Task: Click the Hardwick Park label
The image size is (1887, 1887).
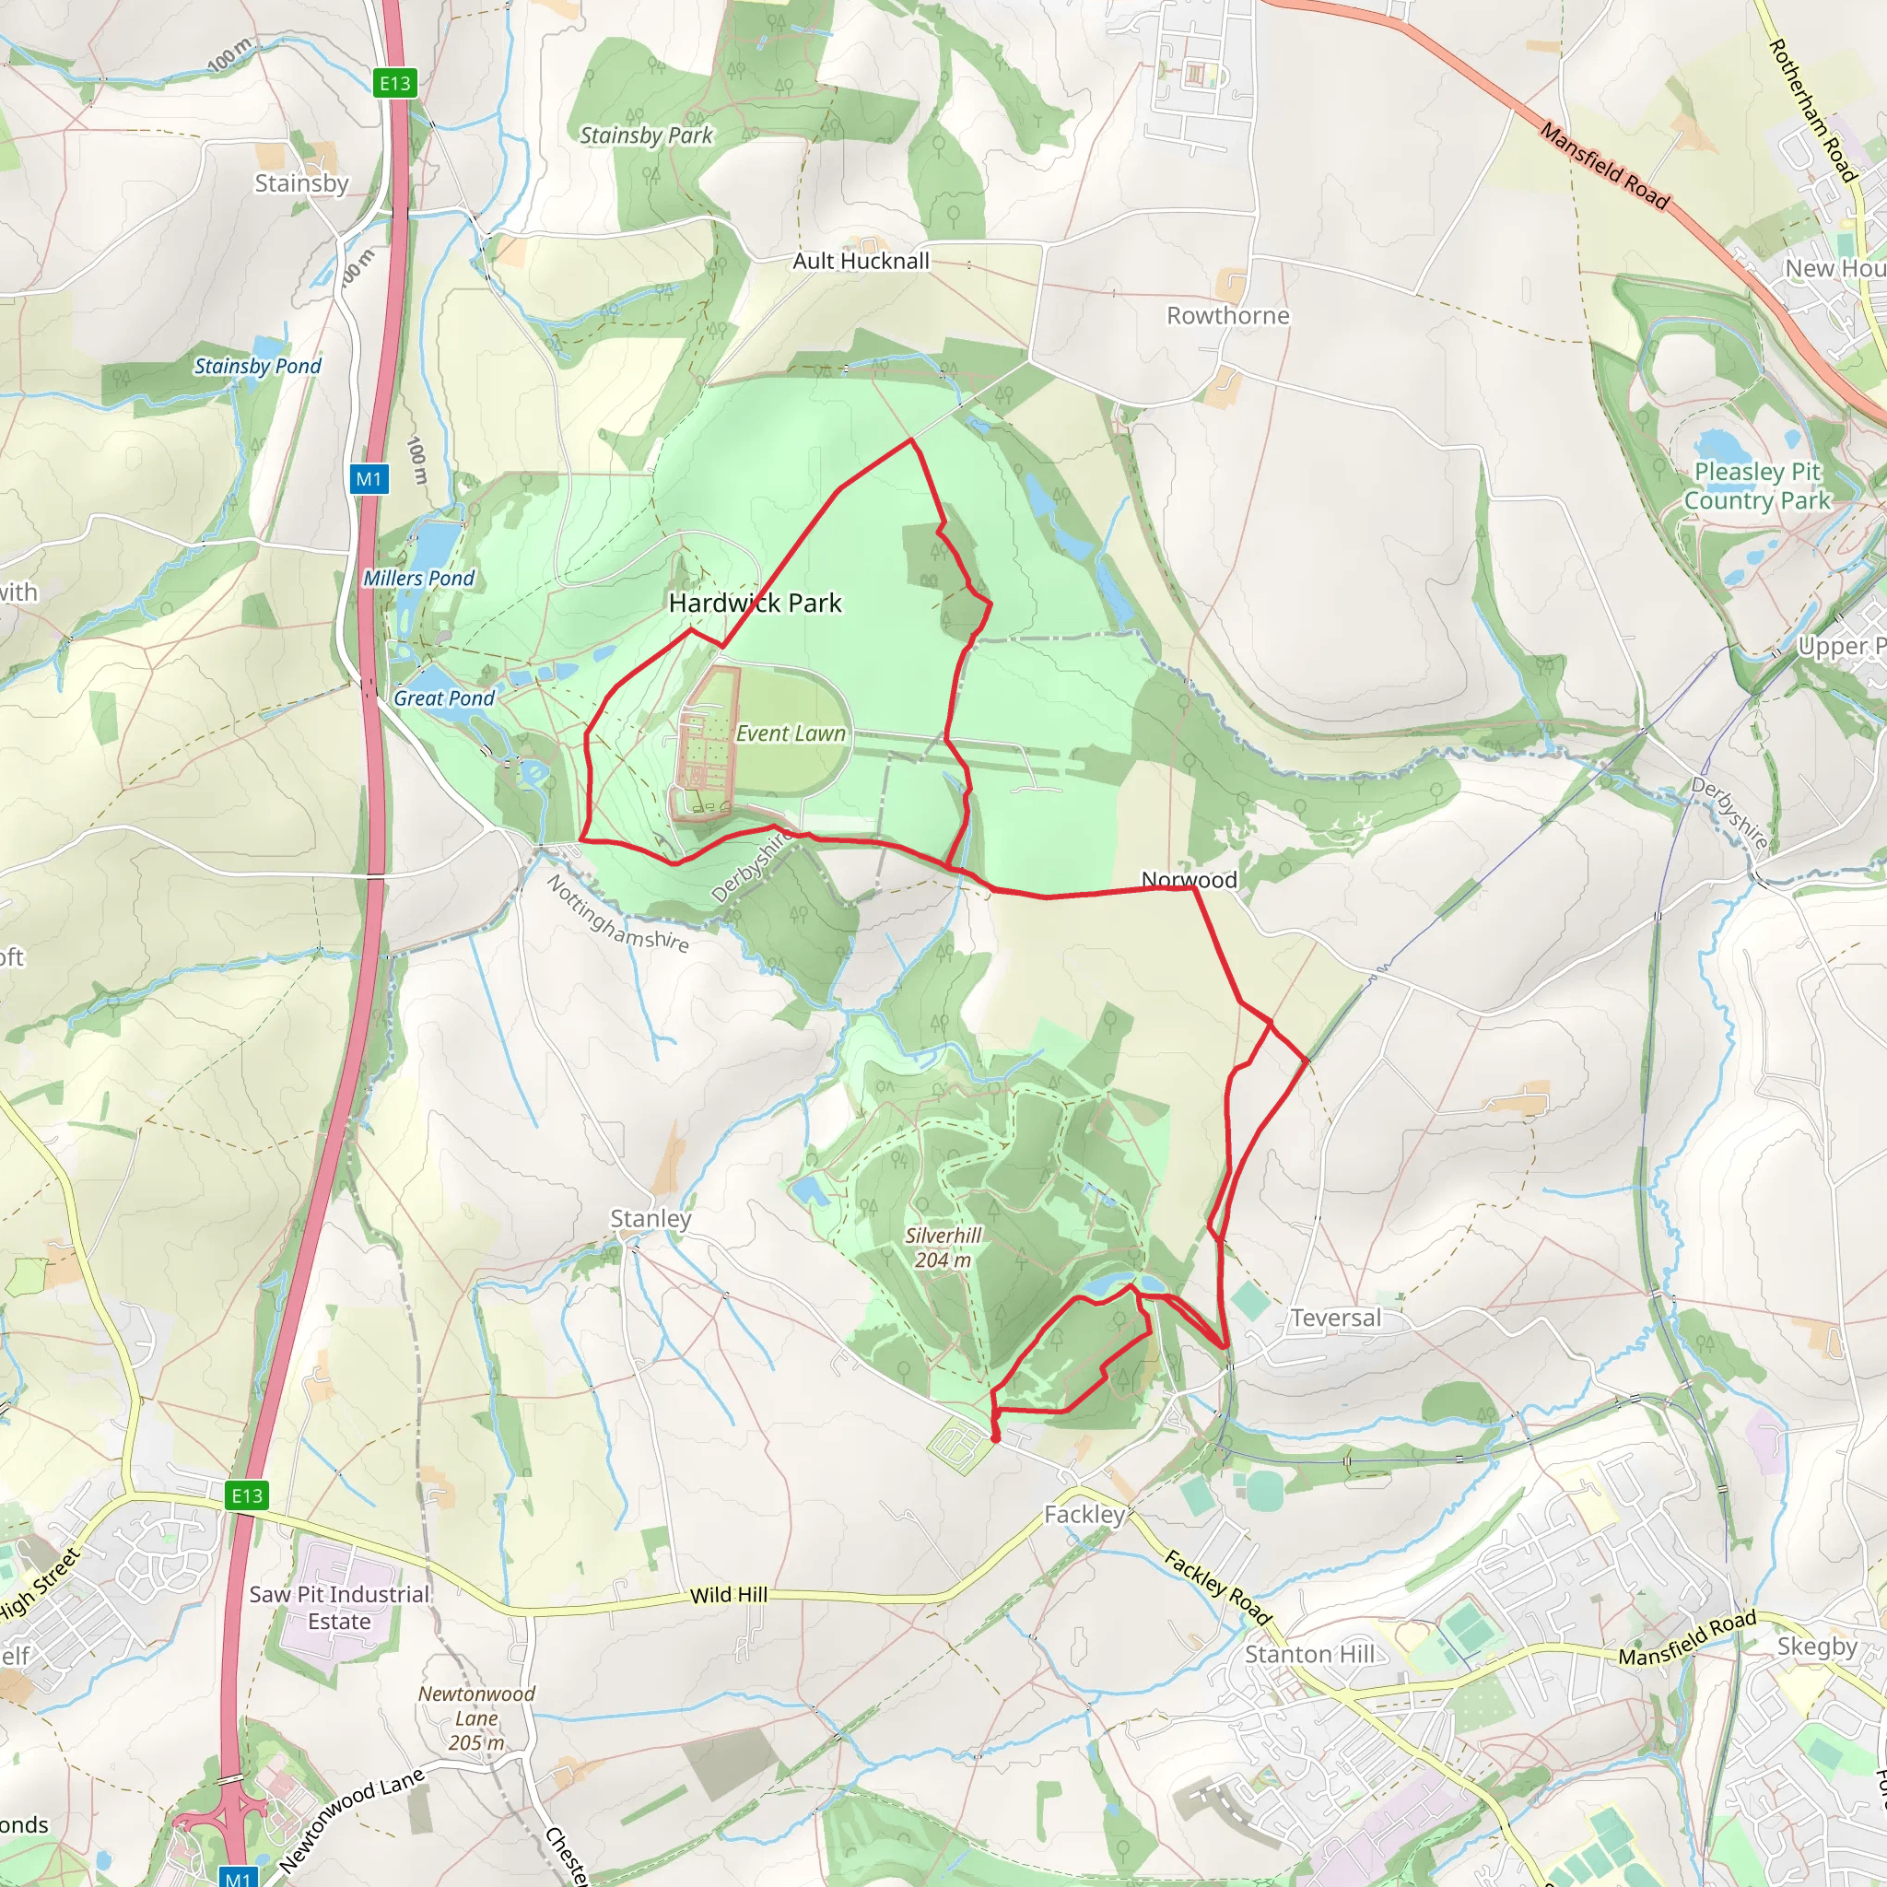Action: pos(755,603)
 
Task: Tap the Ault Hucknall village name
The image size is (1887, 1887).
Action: pos(861,261)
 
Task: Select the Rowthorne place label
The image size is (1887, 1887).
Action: pos(1227,315)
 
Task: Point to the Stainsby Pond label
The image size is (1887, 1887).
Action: pos(257,367)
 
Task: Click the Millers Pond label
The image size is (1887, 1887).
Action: pos(419,579)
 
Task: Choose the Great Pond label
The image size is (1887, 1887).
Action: pos(444,698)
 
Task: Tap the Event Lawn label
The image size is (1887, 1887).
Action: pos(791,733)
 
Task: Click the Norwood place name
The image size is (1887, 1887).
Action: pos(1189,879)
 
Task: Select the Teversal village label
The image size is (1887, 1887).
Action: pos(1335,1318)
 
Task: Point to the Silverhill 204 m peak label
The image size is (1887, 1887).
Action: pos(943,1248)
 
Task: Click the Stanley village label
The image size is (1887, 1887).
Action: pos(650,1218)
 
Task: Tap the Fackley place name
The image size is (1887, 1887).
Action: pos(1084,1514)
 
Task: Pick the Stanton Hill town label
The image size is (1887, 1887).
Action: pos(1308,1655)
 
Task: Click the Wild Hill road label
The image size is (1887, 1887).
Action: pos(729,1595)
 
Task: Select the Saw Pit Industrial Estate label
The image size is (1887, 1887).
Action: pos(339,1608)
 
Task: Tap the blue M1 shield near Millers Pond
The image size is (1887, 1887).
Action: pos(369,478)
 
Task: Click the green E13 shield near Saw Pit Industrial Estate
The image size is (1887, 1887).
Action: pos(246,1495)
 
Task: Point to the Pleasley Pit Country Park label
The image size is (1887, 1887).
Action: pos(1756,486)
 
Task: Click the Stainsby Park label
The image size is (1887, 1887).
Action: pos(647,135)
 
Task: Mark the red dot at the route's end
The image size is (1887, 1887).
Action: pos(995,1437)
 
